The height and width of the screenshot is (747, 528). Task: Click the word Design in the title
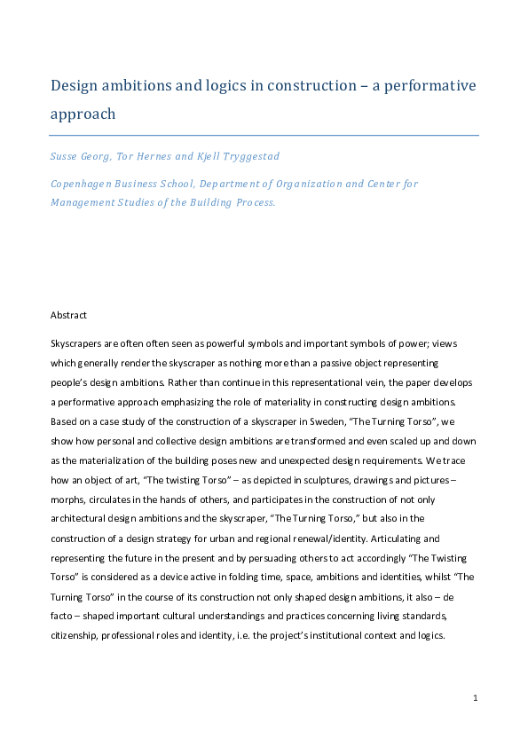click(x=75, y=86)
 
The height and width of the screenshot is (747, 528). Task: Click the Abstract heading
click(x=68, y=314)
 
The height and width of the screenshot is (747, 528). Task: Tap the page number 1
click(x=476, y=698)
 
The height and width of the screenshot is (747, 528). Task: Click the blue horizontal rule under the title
click(x=264, y=135)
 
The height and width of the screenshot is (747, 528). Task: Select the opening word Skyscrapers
click(x=76, y=343)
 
